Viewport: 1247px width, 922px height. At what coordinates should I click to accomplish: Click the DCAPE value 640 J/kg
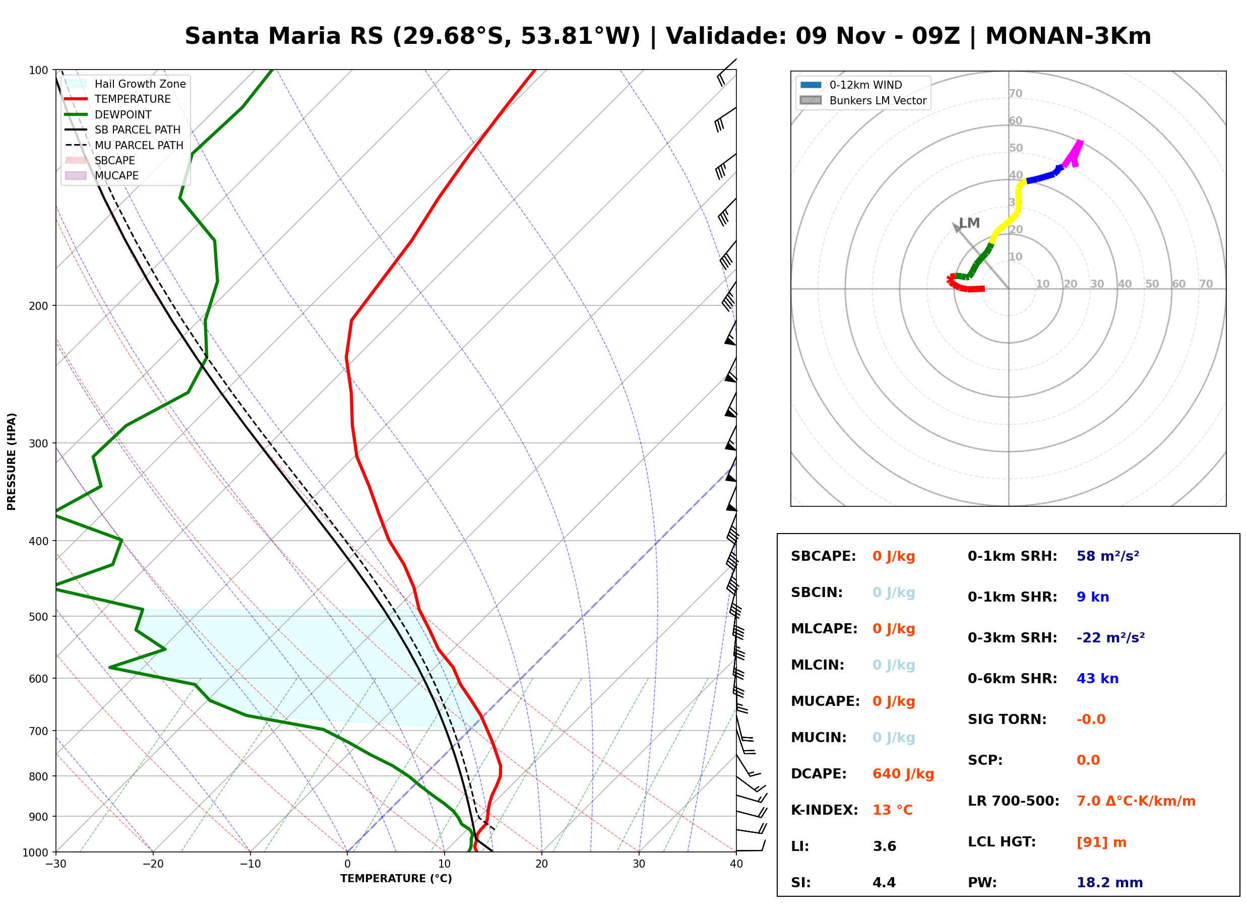point(903,774)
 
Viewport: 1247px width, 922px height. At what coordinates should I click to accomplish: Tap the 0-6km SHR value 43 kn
point(1097,679)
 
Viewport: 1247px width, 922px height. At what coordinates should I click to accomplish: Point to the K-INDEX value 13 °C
point(893,810)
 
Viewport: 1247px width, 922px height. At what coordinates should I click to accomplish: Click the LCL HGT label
point(1002,842)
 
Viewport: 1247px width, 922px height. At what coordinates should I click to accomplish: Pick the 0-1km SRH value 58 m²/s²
point(1108,556)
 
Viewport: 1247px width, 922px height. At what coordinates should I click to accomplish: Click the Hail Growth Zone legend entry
point(126,84)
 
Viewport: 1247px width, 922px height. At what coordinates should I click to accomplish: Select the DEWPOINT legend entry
point(108,114)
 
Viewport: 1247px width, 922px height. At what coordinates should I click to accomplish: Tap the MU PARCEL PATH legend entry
point(124,145)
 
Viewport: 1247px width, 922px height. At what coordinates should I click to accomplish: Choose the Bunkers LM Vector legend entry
point(863,100)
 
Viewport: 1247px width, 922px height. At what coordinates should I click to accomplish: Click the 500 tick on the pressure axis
point(38,617)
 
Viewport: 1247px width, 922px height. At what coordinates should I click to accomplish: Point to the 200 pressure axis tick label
point(38,306)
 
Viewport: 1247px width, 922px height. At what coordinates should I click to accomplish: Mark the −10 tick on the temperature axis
point(250,865)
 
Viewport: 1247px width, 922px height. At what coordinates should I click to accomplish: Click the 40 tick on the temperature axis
point(736,865)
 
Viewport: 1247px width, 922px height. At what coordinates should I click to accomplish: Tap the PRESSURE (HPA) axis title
point(12,462)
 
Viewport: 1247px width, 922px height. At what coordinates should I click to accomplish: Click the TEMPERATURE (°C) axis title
point(396,879)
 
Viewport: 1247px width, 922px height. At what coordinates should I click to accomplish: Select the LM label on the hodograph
point(970,223)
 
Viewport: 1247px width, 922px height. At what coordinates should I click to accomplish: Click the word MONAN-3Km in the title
point(1069,36)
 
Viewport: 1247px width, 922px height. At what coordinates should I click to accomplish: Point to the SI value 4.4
point(884,883)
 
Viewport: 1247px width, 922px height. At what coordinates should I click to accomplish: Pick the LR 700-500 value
point(1136,802)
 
